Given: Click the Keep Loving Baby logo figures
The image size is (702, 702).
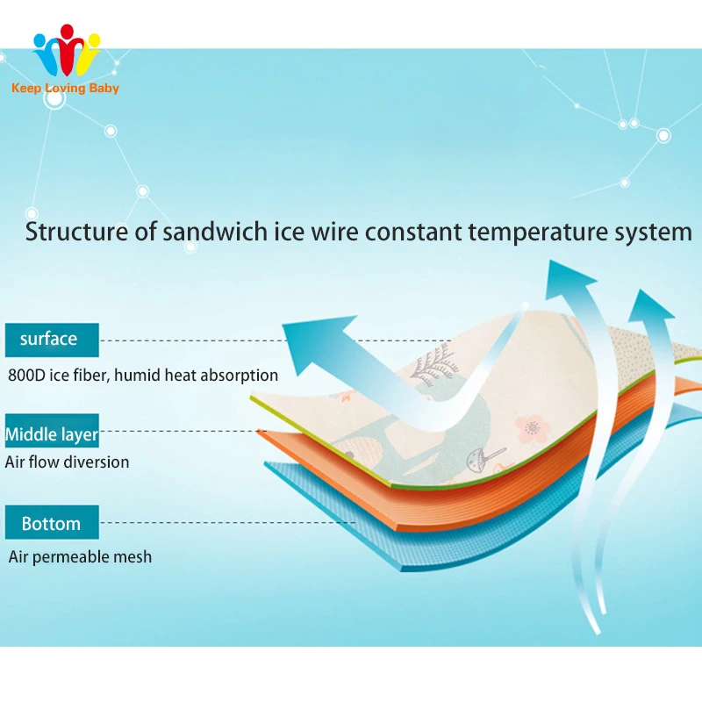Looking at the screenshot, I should click(67, 52).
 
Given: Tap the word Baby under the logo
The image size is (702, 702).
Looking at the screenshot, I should click(104, 88).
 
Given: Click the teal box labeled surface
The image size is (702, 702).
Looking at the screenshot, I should click(50, 339).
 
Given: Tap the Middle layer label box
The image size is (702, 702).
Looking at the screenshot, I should click(52, 433).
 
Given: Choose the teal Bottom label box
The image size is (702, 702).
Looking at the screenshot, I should click(51, 523).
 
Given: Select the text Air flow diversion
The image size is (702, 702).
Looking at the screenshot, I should click(68, 462).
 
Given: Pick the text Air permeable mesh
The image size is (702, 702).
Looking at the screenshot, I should click(80, 556).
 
